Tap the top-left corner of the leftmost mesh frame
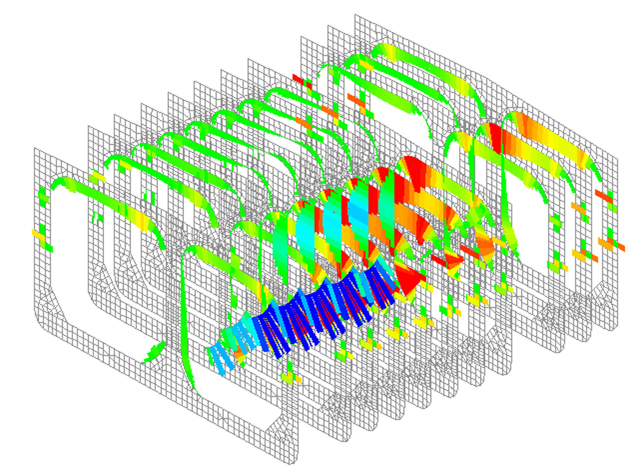pos(35,148)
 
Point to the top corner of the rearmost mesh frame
pos(356,16)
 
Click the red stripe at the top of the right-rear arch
pos(496,136)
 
